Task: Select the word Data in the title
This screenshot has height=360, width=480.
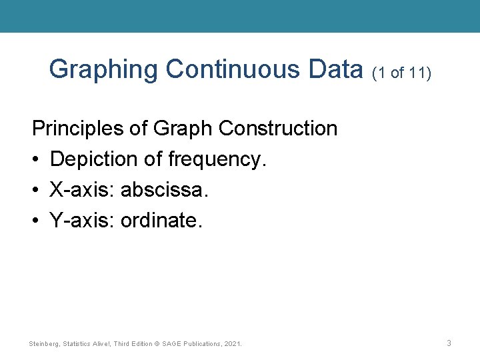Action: coord(337,69)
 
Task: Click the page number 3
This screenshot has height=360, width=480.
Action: coord(449,343)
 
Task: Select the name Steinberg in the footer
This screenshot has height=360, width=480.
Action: coord(44,344)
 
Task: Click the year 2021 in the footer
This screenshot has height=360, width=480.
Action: coord(233,344)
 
